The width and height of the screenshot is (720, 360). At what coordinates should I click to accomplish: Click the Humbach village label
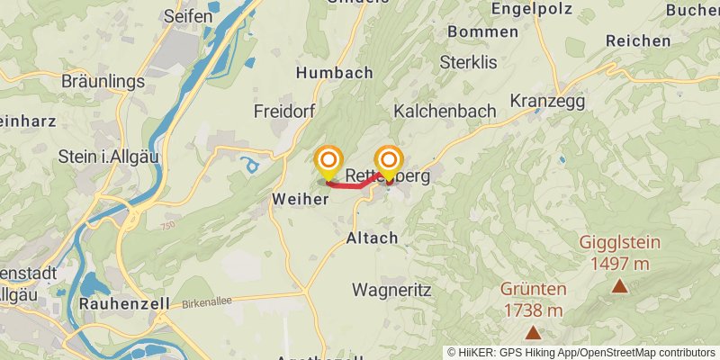coord(334,73)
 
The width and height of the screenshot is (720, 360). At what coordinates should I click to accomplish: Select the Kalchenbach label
coord(445,111)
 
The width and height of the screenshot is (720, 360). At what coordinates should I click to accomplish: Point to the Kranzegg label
coord(547,101)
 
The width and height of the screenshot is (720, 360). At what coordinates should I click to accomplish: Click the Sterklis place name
coord(469,62)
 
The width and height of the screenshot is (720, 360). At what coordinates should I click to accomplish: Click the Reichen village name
coord(638,40)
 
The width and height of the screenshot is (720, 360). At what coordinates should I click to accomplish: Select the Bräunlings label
coord(103,81)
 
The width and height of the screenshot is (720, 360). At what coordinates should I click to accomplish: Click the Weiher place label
coord(299,199)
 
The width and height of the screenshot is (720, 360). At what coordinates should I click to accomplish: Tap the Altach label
coord(372,238)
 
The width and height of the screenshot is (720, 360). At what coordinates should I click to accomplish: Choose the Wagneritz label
coord(392,290)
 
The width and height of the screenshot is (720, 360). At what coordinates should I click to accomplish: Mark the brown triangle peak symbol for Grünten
coord(534,333)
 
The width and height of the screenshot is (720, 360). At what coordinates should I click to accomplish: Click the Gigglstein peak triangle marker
coord(620,287)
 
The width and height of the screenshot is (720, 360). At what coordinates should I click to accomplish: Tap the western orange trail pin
coord(327,162)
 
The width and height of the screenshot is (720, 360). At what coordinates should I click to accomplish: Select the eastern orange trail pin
coord(389,162)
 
